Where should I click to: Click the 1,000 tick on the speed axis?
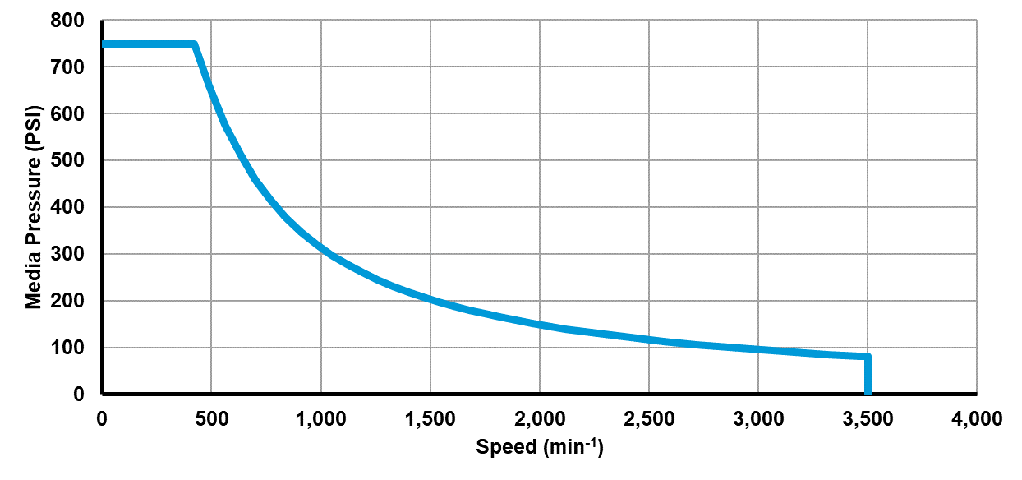pyautogui.click(x=320, y=418)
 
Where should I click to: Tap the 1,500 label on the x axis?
pyautogui.click(x=430, y=418)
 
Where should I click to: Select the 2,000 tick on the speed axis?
pyautogui.click(x=539, y=418)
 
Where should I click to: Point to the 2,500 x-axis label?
pyautogui.click(x=648, y=418)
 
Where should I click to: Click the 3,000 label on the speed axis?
pyautogui.click(x=757, y=418)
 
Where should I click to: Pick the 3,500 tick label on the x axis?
pyautogui.click(x=867, y=418)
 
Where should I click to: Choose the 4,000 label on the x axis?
pyautogui.click(x=976, y=418)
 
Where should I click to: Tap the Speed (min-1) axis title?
pyautogui.click(x=540, y=448)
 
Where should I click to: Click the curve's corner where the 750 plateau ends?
pyautogui.click(x=194, y=44)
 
